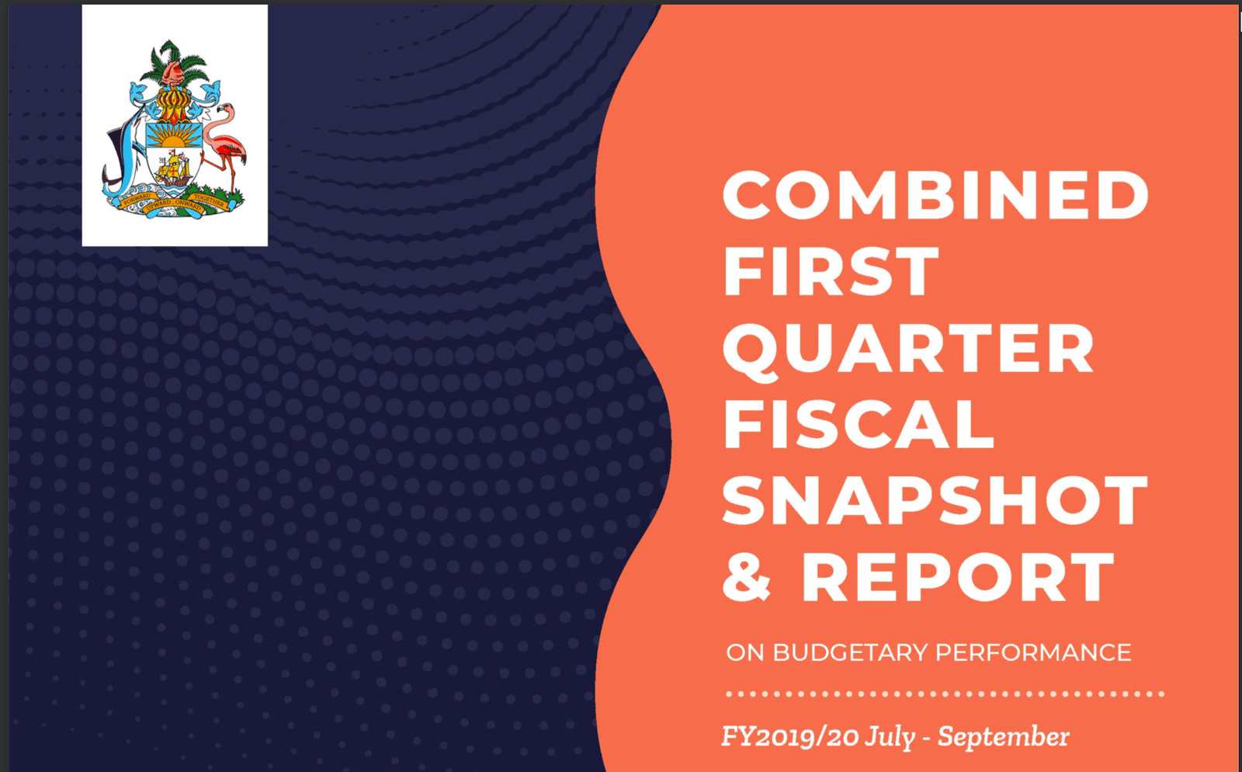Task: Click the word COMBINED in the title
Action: click(936, 195)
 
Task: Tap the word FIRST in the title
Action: click(831, 271)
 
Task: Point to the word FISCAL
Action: click(859, 424)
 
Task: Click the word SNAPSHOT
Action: click(935, 500)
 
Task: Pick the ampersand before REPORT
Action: click(747, 577)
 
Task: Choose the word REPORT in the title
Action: click(958, 577)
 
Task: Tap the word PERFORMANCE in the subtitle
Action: click(1033, 652)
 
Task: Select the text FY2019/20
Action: click(790, 737)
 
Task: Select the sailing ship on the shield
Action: click(174, 169)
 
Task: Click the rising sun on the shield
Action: click(174, 136)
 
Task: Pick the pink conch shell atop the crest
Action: click(174, 74)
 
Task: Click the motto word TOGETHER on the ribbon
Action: click(209, 200)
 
